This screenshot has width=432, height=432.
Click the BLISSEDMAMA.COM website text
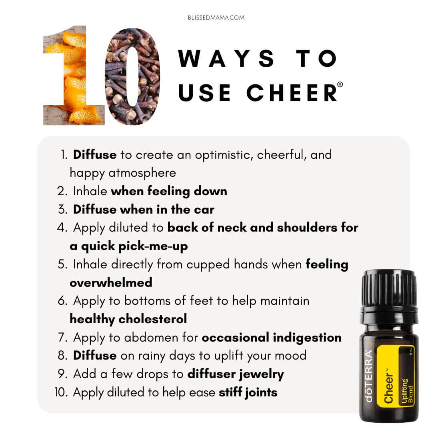pyautogui.click(x=216, y=18)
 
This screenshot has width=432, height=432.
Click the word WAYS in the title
pyautogui.click(x=226, y=58)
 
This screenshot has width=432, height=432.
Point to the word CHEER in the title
pyautogui.click(x=292, y=92)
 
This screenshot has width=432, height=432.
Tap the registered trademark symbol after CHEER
pyautogui.click(x=340, y=84)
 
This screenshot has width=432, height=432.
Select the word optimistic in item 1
pyautogui.click(x=224, y=155)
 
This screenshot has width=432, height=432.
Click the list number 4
pyautogui.click(x=62, y=228)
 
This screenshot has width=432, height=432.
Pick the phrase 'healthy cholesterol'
pyautogui.click(x=128, y=319)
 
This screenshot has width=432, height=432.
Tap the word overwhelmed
pyautogui.click(x=111, y=282)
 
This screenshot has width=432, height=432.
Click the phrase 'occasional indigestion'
pyautogui.click(x=272, y=338)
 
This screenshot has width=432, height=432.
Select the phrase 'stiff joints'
pyautogui.click(x=248, y=392)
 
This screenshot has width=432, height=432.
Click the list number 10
pyautogui.click(x=61, y=392)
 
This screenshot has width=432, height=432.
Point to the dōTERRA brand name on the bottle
pyautogui.click(x=369, y=376)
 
